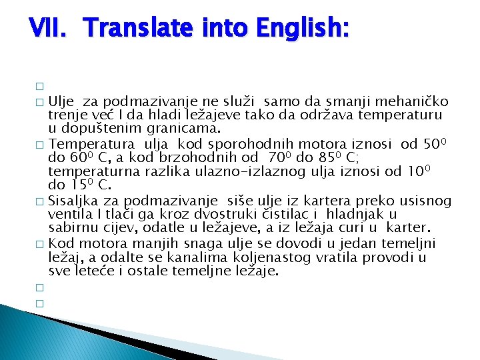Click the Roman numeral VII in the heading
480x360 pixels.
click(47, 28)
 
